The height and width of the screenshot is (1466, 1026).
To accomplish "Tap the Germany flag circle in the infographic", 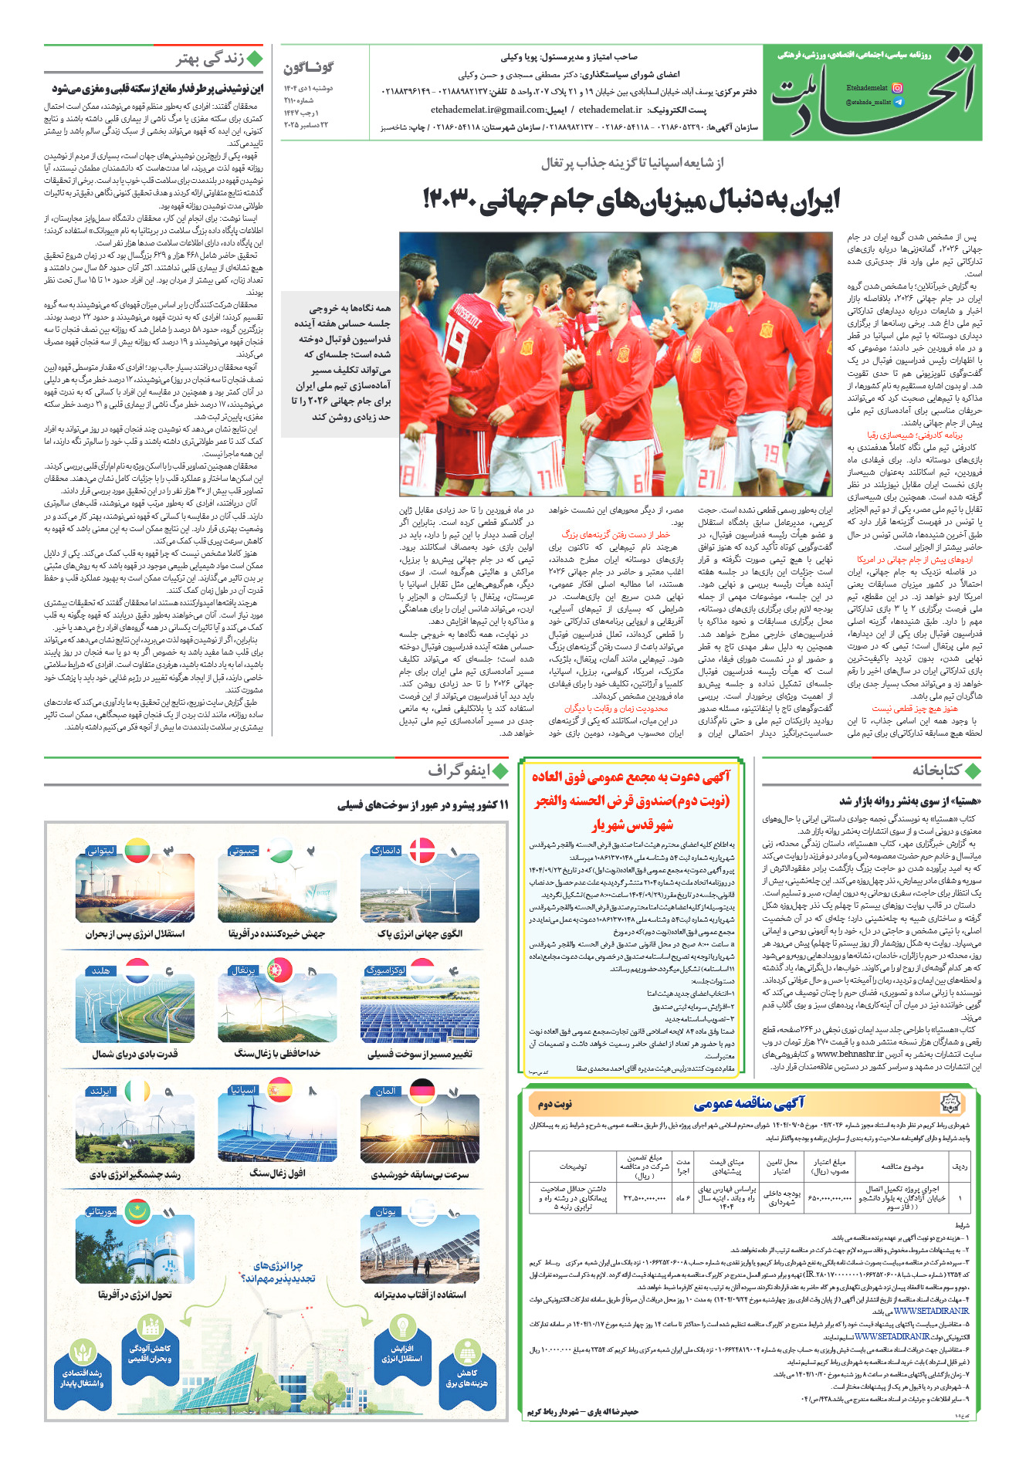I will (x=422, y=1092).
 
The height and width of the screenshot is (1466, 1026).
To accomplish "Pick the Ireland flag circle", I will (x=137, y=1091).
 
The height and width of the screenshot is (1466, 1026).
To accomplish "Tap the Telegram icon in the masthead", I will (x=897, y=102).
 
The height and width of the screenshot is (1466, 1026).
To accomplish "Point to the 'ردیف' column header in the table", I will (x=960, y=1166).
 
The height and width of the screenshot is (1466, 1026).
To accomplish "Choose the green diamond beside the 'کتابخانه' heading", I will (x=973, y=770).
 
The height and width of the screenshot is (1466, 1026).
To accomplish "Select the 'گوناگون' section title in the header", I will (x=309, y=68).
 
